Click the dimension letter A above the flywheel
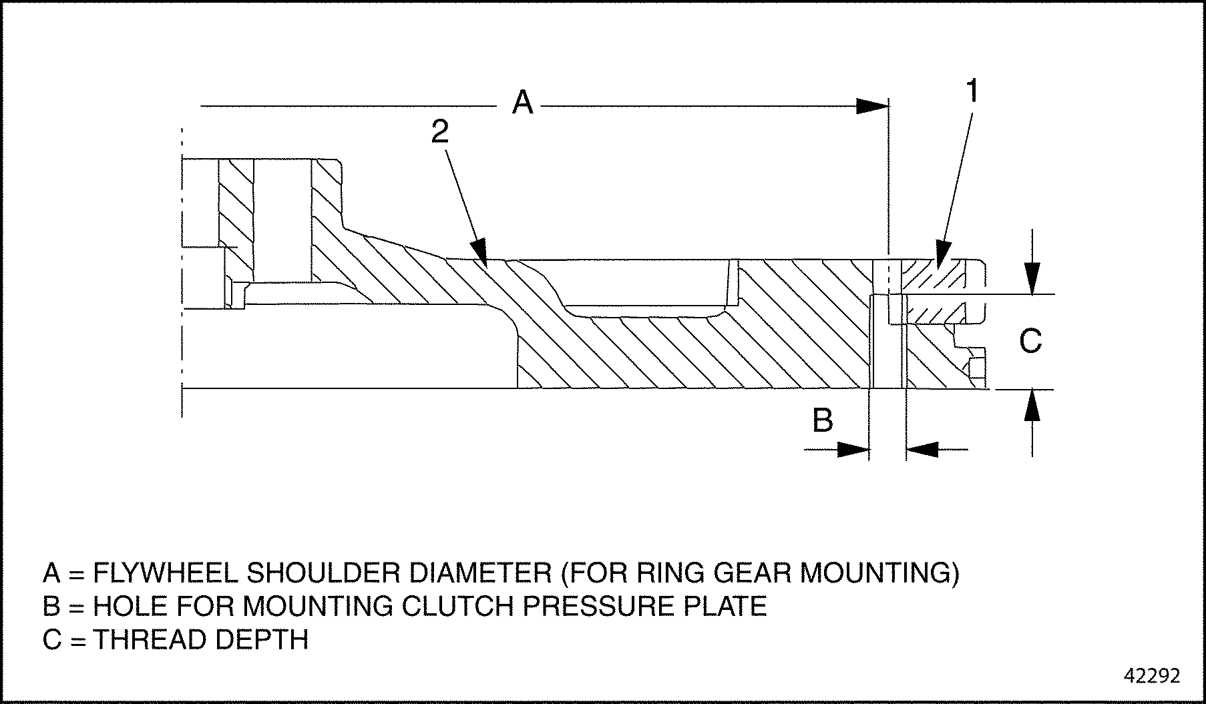[x=522, y=103]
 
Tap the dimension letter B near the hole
[x=822, y=420]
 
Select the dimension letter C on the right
[x=1030, y=342]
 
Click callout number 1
[x=973, y=91]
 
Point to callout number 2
[x=439, y=132]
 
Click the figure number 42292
[x=1152, y=676]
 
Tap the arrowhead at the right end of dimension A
[x=874, y=105]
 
